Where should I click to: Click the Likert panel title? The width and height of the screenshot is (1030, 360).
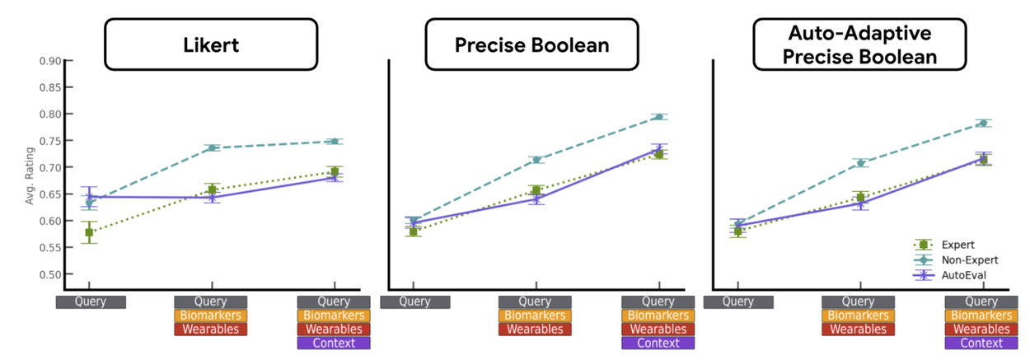pyautogui.click(x=210, y=44)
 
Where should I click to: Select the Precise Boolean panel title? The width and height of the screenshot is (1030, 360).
pyautogui.click(x=532, y=44)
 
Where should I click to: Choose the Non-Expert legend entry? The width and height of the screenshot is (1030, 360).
pyautogui.click(x=962, y=259)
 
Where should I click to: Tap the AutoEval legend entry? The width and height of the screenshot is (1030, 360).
pyautogui.click(x=960, y=274)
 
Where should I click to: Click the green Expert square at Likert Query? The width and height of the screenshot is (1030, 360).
pyautogui.click(x=89, y=232)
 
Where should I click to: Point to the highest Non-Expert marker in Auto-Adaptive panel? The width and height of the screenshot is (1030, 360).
pyautogui.click(x=983, y=124)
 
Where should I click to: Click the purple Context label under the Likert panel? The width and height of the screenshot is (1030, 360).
pyautogui.click(x=334, y=343)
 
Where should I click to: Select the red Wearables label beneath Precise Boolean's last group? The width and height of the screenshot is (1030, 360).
pyautogui.click(x=658, y=330)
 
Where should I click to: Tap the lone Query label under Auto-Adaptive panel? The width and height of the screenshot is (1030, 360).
pyautogui.click(x=738, y=302)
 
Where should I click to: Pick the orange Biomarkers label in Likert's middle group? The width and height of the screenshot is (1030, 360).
pyautogui.click(x=211, y=316)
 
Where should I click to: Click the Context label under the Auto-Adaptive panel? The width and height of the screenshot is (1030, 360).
pyautogui.click(x=981, y=343)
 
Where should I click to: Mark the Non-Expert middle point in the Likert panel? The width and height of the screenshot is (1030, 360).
pyautogui.click(x=212, y=148)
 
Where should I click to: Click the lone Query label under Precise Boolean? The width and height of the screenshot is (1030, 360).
pyautogui.click(x=415, y=302)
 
